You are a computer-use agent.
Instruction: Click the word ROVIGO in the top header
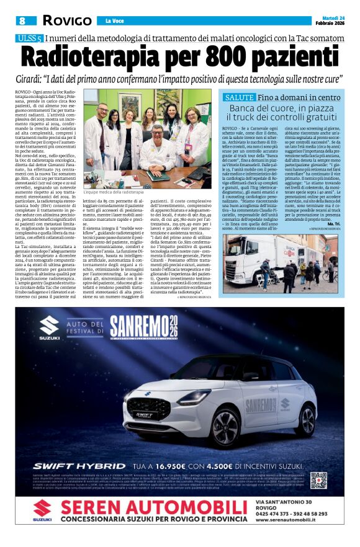coord(66,20)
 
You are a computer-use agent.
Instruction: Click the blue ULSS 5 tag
coord(29,38)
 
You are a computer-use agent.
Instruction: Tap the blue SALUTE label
coord(239,97)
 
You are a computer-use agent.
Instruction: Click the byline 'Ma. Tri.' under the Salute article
coord(333,223)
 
